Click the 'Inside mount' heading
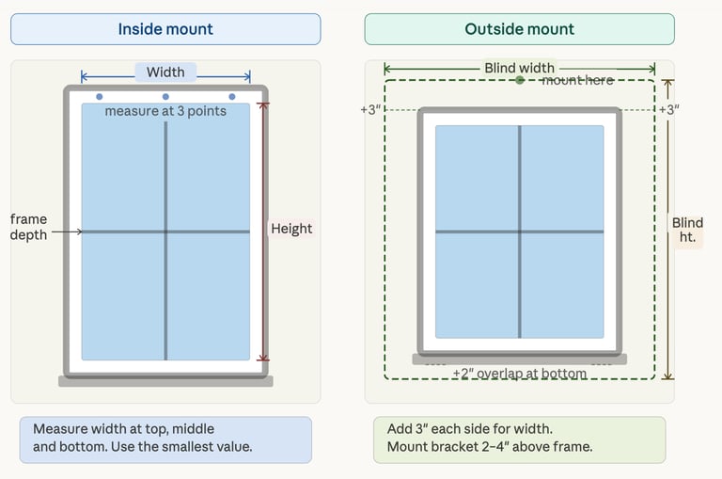165,29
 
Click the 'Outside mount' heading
519,29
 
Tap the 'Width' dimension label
165,72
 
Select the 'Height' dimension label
291,229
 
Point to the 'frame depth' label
28,227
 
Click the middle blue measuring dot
165,96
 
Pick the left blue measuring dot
100,96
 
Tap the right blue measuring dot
232,96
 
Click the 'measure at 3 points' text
165,111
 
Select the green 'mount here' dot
520,80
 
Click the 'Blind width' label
519,69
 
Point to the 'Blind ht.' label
687,230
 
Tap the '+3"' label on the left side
370,110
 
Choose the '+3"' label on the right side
668,110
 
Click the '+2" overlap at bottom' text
519,374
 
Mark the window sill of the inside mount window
165,381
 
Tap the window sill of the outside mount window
519,359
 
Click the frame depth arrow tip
82,231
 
